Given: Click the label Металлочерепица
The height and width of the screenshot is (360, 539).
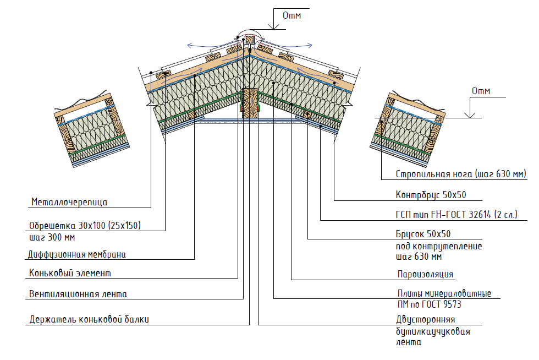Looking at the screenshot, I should (x=69, y=202).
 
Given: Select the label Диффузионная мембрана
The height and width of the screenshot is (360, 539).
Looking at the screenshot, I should (x=77, y=255).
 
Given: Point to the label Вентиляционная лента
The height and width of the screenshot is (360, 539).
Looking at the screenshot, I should (x=78, y=294).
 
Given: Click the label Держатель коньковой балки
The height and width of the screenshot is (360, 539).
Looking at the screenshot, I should (x=89, y=319).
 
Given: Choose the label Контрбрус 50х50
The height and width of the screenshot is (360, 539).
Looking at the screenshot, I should (x=431, y=195).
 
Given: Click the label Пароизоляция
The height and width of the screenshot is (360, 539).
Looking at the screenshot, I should (x=425, y=274).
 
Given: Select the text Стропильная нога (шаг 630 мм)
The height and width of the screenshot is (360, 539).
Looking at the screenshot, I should (x=461, y=174).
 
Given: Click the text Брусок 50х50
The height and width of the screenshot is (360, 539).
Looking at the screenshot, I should (x=423, y=233).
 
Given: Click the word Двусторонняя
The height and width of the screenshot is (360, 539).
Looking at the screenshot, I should (x=425, y=319).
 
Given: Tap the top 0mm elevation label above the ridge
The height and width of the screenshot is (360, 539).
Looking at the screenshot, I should (x=291, y=15).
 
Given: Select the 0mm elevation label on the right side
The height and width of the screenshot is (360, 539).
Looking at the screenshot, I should (x=480, y=91).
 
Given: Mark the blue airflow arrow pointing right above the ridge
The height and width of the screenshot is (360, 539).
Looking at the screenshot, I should (x=297, y=43).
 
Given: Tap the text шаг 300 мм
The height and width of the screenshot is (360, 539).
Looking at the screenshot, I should (x=51, y=238).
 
